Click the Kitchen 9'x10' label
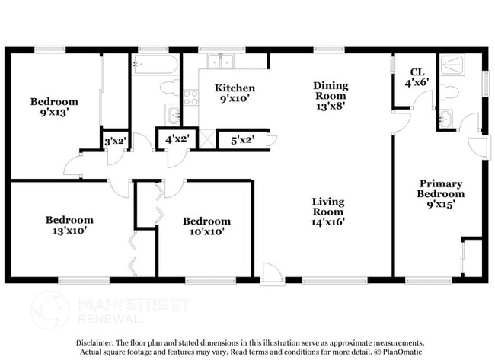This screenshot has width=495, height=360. pos(234,93)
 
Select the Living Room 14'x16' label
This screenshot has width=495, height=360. pos(328,212)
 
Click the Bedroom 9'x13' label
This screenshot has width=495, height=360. pos(54,107)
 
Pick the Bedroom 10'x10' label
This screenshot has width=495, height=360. pos(206,226)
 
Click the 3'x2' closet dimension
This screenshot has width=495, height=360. pos(115,140)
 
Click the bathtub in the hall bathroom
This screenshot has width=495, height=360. pos(156,65)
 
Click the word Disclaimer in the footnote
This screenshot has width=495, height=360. pos(97,342)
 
